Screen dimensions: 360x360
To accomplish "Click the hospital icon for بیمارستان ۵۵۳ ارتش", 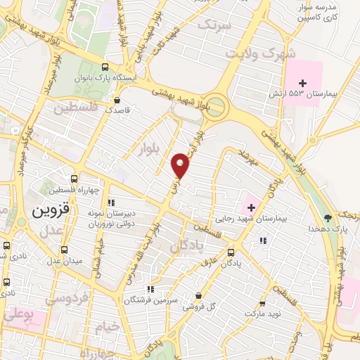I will coord(302,83).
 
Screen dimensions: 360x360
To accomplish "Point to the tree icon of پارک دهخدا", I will coord(327,217).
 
